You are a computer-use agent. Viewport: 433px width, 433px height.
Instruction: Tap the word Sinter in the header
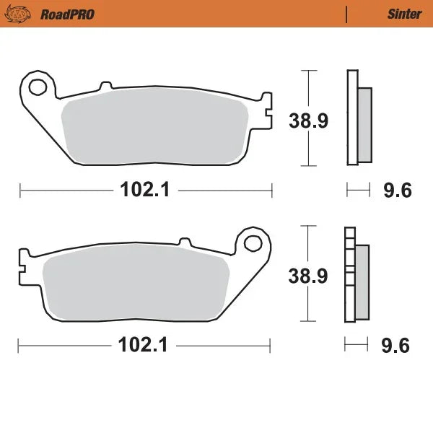coord(399,14)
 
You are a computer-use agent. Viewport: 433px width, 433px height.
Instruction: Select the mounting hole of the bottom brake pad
coord(253,242)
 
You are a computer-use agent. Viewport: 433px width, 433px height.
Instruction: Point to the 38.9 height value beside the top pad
coord(310,120)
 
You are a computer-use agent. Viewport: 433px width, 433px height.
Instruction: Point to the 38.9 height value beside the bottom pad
coord(308,275)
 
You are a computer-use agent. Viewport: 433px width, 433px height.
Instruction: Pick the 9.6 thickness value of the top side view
coord(396,191)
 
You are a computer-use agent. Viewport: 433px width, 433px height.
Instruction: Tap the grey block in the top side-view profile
coord(365,123)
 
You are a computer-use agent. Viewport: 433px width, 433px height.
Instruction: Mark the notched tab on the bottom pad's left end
coord(23,265)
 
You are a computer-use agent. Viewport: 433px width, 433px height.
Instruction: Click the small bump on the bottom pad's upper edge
coord(185,240)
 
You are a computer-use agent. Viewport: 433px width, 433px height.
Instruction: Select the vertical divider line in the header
coord(347,14)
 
